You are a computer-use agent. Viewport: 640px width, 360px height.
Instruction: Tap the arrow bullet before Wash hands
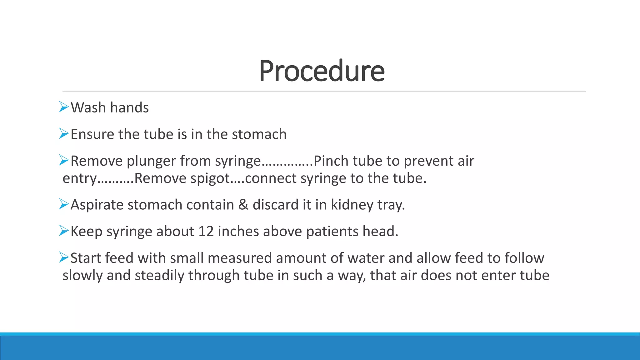click(64, 107)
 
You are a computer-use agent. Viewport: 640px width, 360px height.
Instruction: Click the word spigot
click(210, 178)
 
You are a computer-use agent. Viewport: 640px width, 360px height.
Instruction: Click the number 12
click(206, 232)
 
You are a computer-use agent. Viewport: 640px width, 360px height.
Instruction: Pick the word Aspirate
click(97, 205)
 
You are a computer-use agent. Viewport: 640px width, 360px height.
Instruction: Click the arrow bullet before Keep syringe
click(64, 231)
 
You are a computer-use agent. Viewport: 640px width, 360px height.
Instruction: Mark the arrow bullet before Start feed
click(64, 257)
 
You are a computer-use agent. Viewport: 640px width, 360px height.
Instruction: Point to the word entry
click(80, 179)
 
